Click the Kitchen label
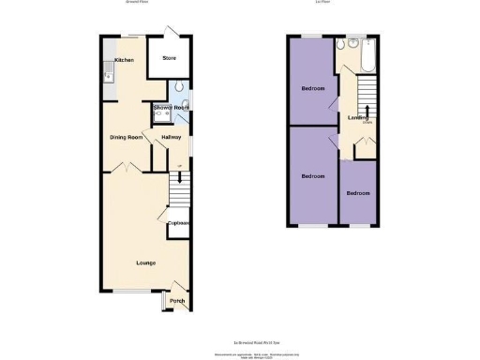tap(124, 60)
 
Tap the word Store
tap(169, 58)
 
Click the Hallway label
tap(172, 138)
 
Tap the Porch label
tap(177, 301)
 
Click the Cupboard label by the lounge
tap(179, 223)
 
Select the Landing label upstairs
tap(357, 117)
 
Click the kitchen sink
tap(109, 74)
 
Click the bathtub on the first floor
tap(367, 56)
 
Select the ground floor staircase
tap(179, 193)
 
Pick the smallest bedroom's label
tap(357, 193)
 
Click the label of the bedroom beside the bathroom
tap(313, 89)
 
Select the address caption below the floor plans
tap(240, 341)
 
